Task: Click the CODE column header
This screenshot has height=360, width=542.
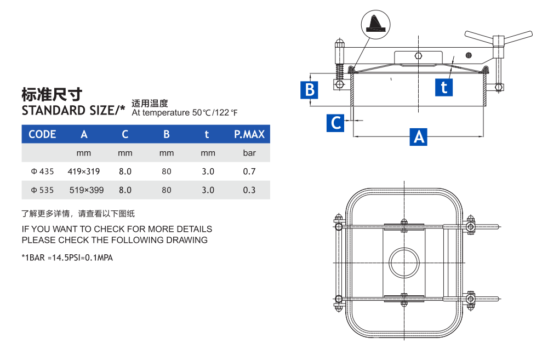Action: (42, 134)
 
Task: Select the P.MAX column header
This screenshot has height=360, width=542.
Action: (249, 134)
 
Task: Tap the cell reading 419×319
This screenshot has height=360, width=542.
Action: (84, 172)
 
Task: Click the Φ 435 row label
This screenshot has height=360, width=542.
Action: (42, 172)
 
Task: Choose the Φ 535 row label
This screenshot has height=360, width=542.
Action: (42, 190)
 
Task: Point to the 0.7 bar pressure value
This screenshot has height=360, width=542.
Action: (249, 172)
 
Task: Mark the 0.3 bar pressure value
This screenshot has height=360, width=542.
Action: (249, 190)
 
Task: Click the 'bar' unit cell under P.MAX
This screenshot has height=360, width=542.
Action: (249, 153)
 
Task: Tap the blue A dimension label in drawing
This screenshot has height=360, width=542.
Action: (419, 136)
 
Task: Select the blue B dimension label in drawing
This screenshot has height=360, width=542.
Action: (310, 89)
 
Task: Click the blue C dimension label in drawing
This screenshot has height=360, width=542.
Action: (336, 123)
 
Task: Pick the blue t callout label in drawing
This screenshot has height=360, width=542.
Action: (444, 87)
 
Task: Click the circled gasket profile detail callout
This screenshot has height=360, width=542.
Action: (375, 25)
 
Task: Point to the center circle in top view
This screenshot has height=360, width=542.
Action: (404, 262)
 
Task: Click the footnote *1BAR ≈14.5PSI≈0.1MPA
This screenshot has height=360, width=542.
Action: (67, 258)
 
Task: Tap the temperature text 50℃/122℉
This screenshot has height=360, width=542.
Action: (215, 113)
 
